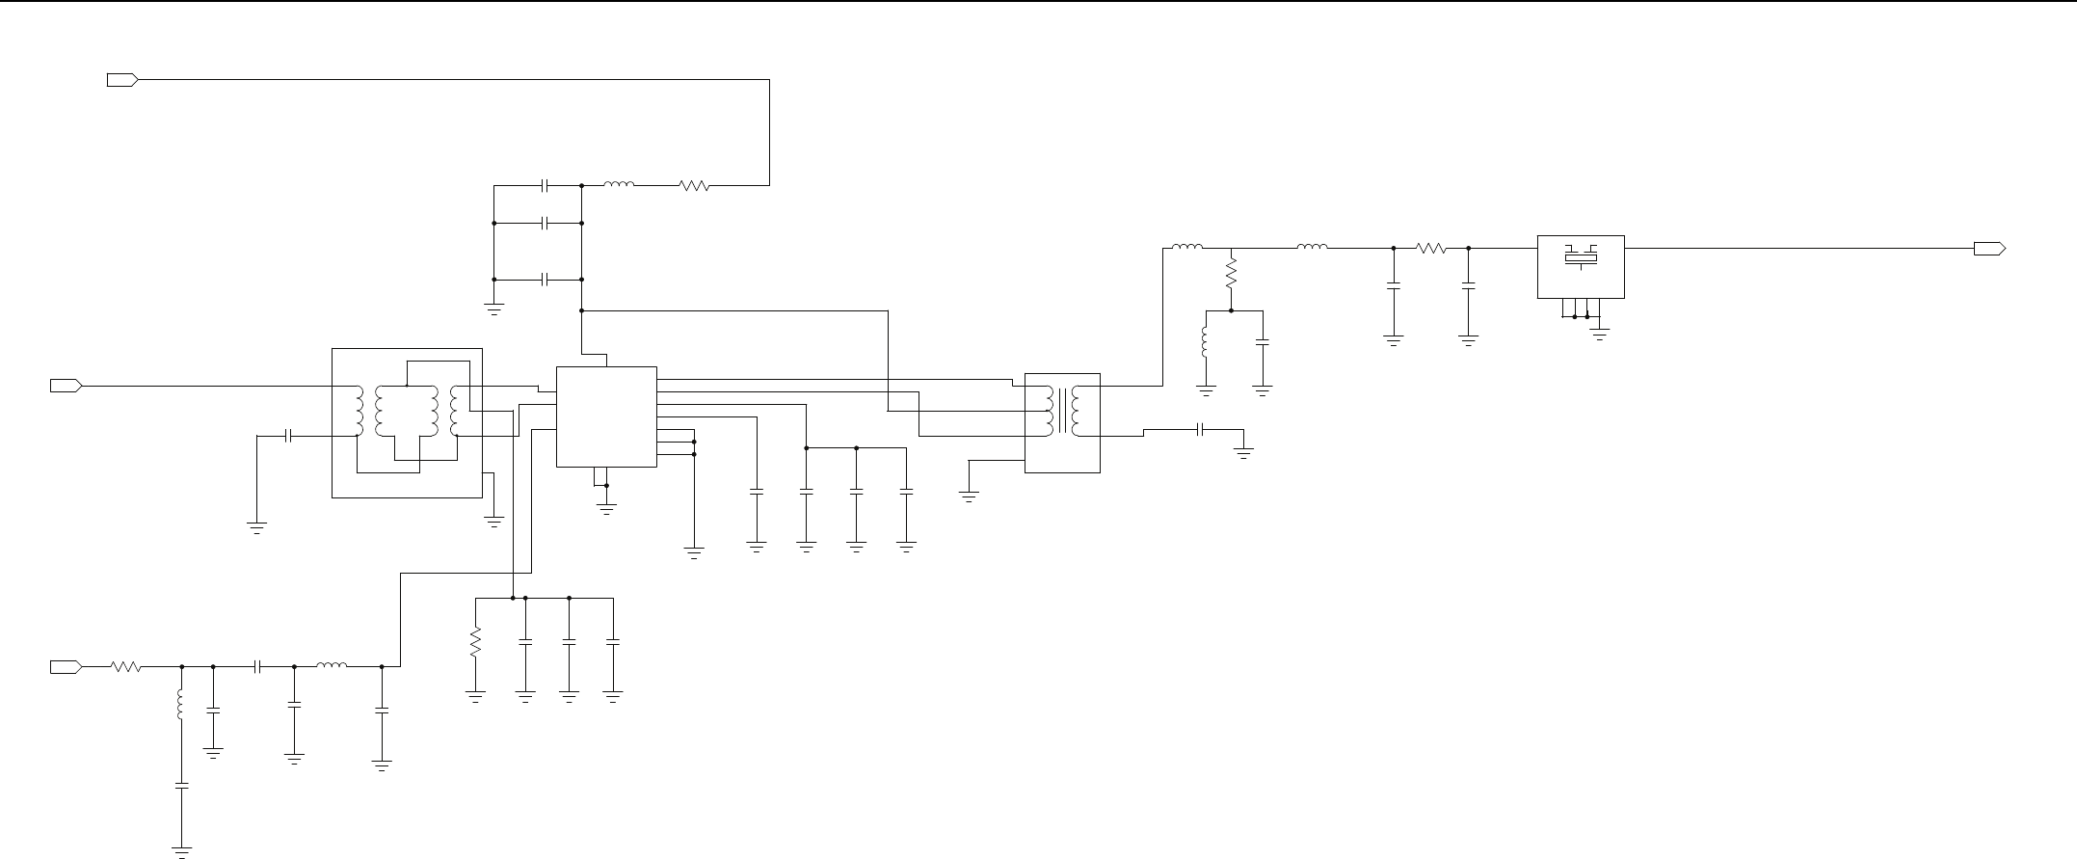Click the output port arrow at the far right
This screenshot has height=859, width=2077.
[x=1989, y=249]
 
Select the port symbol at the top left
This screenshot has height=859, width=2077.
[x=122, y=80]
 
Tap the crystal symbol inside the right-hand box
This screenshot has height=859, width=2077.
[x=1581, y=256]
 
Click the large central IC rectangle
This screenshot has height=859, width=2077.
[x=606, y=416]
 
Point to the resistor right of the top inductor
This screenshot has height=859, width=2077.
[x=695, y=185]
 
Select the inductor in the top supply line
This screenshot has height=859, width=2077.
[x=619, y=184]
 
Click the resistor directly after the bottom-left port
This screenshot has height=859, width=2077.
[x=126, y=666]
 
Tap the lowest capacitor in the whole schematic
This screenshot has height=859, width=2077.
[x=180, y=786]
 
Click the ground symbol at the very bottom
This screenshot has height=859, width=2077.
[x=180, y=851]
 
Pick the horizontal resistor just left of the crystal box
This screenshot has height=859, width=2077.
[x=1431, y=249]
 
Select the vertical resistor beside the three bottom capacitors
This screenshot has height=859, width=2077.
[x=475, y=642]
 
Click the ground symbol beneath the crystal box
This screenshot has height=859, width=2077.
[x=1599, y=334]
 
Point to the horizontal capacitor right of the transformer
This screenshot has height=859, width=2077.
[x=1201, y=429]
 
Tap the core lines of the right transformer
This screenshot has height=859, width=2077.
[x=1062, y=412]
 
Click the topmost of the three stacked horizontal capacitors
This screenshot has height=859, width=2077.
[x=546, y=184]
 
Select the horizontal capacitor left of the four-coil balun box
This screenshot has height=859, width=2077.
[x=288, y=436]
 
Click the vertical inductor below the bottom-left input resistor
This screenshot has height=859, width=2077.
[x=180, y=703]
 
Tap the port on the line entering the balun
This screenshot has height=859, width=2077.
[x=66, y=386]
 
